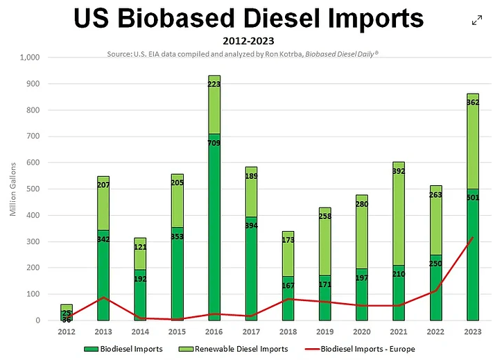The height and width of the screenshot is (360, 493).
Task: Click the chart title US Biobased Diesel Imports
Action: tap(248, 19)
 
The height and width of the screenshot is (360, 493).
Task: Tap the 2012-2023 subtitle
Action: tap(248, 41)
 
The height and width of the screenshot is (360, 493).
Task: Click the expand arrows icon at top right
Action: tap(477, 20)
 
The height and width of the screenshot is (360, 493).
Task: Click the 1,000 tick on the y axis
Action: tap(32, 58)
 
